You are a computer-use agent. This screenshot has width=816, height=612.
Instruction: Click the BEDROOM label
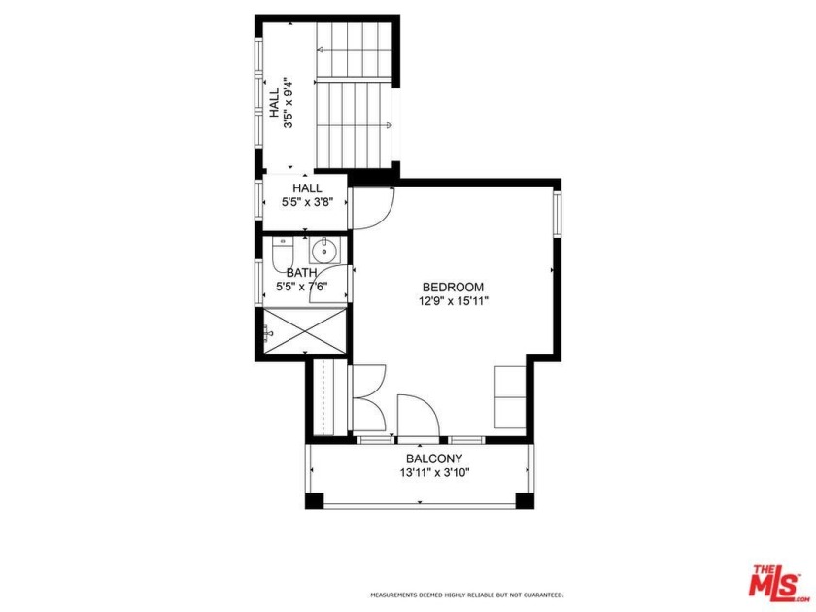[x=453, y=287]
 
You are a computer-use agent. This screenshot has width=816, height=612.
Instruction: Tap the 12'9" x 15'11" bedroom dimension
[x=453, y=301]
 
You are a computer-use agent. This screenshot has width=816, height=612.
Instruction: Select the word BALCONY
[x=433, y=459]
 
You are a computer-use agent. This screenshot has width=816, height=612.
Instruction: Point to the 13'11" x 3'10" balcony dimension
[x=433, y=474]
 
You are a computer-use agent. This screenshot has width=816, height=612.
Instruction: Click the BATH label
[x=301, y=273]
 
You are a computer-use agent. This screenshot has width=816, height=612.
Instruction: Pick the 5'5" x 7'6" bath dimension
[x=301, y=287]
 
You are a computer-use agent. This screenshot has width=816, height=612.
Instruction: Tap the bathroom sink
[x=327, y=251]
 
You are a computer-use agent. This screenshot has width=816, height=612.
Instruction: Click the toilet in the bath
[x=281, y=255]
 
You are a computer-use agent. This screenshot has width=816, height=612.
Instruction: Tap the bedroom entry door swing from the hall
[x=372, y=208]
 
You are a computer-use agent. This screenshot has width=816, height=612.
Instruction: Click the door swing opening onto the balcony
[x=419, y=415]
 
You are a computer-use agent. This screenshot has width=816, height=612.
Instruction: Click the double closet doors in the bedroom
[x=368, y=398]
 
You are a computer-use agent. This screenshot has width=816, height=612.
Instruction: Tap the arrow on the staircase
[x=388, y=124]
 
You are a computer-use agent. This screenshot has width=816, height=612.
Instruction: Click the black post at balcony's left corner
[x=314, y=501]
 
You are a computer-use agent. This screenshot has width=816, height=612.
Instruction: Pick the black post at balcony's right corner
[x=525, y=501]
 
